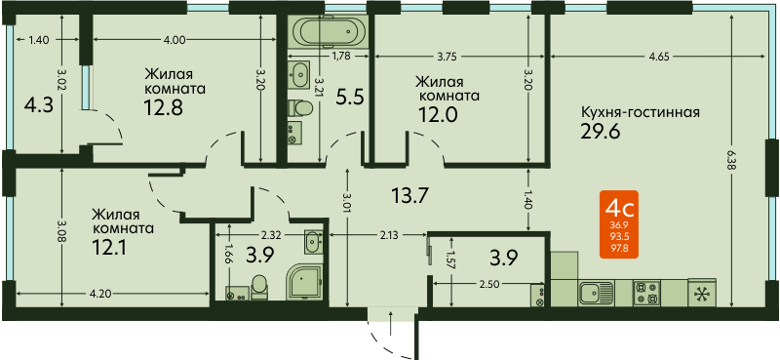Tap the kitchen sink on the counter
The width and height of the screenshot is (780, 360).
click(x=597, y=292)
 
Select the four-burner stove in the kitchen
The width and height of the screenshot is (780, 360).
click(x=646, y=293)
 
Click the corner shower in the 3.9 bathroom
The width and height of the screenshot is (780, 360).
click(x=304, y=282)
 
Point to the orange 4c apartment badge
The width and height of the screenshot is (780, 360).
click(x=619, y=224)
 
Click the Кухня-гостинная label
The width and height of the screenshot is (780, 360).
click(x=641, y=112)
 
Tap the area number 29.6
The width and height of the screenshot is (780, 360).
click(x=601, y=132)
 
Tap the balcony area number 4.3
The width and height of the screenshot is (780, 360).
click(x=39, y=105)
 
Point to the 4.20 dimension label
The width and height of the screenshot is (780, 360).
click(x=100, y=294)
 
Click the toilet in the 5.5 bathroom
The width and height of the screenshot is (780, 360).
click(x=300, y=107)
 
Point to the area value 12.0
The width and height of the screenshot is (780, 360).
click(x=438, y=114)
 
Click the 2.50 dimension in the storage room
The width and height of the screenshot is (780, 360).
click(x=490, y=283)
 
